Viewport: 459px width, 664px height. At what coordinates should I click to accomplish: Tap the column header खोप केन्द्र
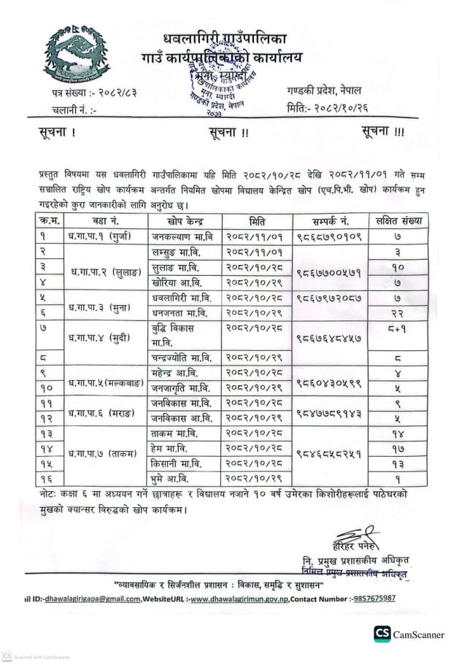185,220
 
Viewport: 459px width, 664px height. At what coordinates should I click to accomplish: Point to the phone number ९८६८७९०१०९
328,236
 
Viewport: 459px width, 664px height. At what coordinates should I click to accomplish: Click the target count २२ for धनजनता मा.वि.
398,313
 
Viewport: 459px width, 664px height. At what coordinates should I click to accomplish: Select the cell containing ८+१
398,329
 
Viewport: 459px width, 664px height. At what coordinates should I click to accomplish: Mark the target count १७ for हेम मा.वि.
398,447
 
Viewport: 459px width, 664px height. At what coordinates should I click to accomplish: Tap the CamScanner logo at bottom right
409,634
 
